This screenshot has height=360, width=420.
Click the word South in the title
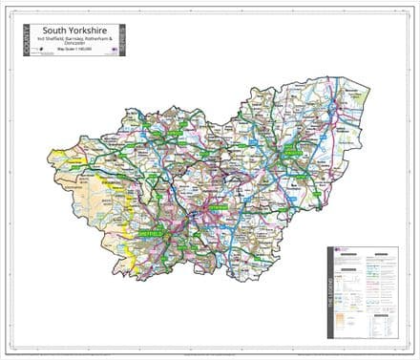coord(55,29)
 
